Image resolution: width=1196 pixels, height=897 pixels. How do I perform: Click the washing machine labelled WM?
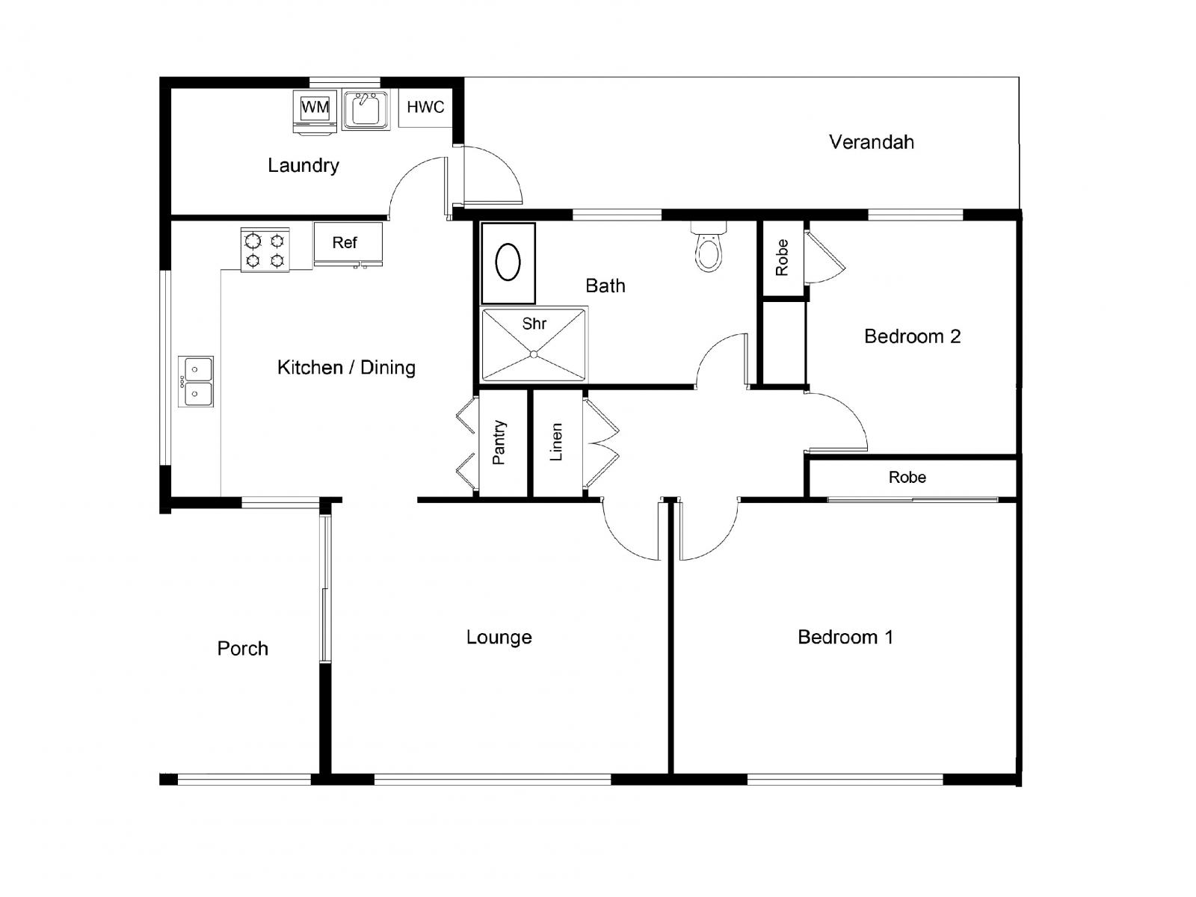315,111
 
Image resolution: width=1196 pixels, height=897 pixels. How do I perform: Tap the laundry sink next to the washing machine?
366,110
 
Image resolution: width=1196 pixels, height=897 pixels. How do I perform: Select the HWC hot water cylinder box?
425,108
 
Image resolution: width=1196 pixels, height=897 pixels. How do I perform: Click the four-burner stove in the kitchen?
265,249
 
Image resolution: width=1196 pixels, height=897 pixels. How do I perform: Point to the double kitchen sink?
196,381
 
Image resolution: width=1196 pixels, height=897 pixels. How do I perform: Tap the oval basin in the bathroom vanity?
508,262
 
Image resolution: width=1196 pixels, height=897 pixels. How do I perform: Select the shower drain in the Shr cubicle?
534,354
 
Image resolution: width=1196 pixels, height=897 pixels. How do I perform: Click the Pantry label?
499,443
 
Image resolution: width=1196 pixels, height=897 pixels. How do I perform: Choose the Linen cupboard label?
555,443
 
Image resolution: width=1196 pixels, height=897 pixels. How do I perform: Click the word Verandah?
872,142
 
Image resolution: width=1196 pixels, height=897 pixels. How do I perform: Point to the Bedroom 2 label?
912,336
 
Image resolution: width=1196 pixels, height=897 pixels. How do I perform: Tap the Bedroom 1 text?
845,637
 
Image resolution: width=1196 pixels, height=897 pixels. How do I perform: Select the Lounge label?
499,638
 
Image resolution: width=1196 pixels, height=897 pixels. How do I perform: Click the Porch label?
242,649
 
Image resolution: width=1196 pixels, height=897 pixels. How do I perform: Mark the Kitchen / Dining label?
346,368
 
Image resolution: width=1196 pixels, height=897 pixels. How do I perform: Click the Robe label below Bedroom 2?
907,478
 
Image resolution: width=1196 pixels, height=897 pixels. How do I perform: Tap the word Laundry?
303,165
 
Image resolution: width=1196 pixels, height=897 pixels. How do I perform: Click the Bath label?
605,286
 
